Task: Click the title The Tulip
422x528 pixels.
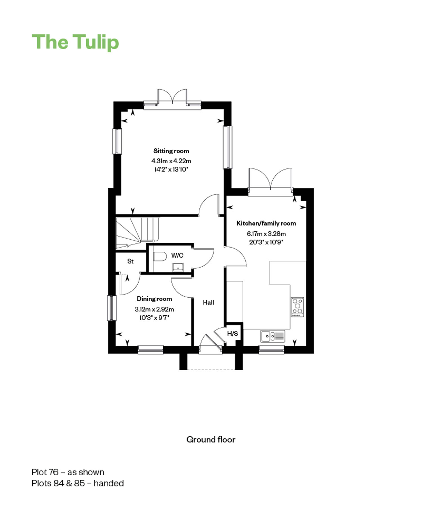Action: (x=75, y=42)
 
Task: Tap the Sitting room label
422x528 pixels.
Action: (x=171, y=151)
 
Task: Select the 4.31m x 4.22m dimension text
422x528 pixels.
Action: (x=171, y=161)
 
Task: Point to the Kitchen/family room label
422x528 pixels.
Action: (x=266, y=223)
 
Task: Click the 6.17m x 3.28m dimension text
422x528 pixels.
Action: (x=266, y=234)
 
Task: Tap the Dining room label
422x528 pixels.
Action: (x=154, y=299)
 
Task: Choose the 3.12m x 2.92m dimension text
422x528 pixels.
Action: (x=154, y=309)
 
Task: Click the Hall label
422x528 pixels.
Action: (x=208, y=302)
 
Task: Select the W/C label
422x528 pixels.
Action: (x=177, y=255)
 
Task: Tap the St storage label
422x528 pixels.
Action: (x=130, y=261)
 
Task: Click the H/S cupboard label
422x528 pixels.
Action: (x=233, y=334)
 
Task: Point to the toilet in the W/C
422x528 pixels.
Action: (x=160, y=257)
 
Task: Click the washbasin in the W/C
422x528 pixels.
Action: (x=178, y=267)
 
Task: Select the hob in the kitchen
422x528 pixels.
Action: (x=297, y=307)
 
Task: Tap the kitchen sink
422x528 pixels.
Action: (x=272, y=336)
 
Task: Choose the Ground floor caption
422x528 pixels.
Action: (x=211, y=440)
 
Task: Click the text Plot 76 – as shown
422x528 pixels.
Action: (x=68, y=472)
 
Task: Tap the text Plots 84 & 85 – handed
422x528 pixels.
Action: (x=78, y=483)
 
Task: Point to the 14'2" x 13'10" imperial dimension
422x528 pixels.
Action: (x=171, y=170)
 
